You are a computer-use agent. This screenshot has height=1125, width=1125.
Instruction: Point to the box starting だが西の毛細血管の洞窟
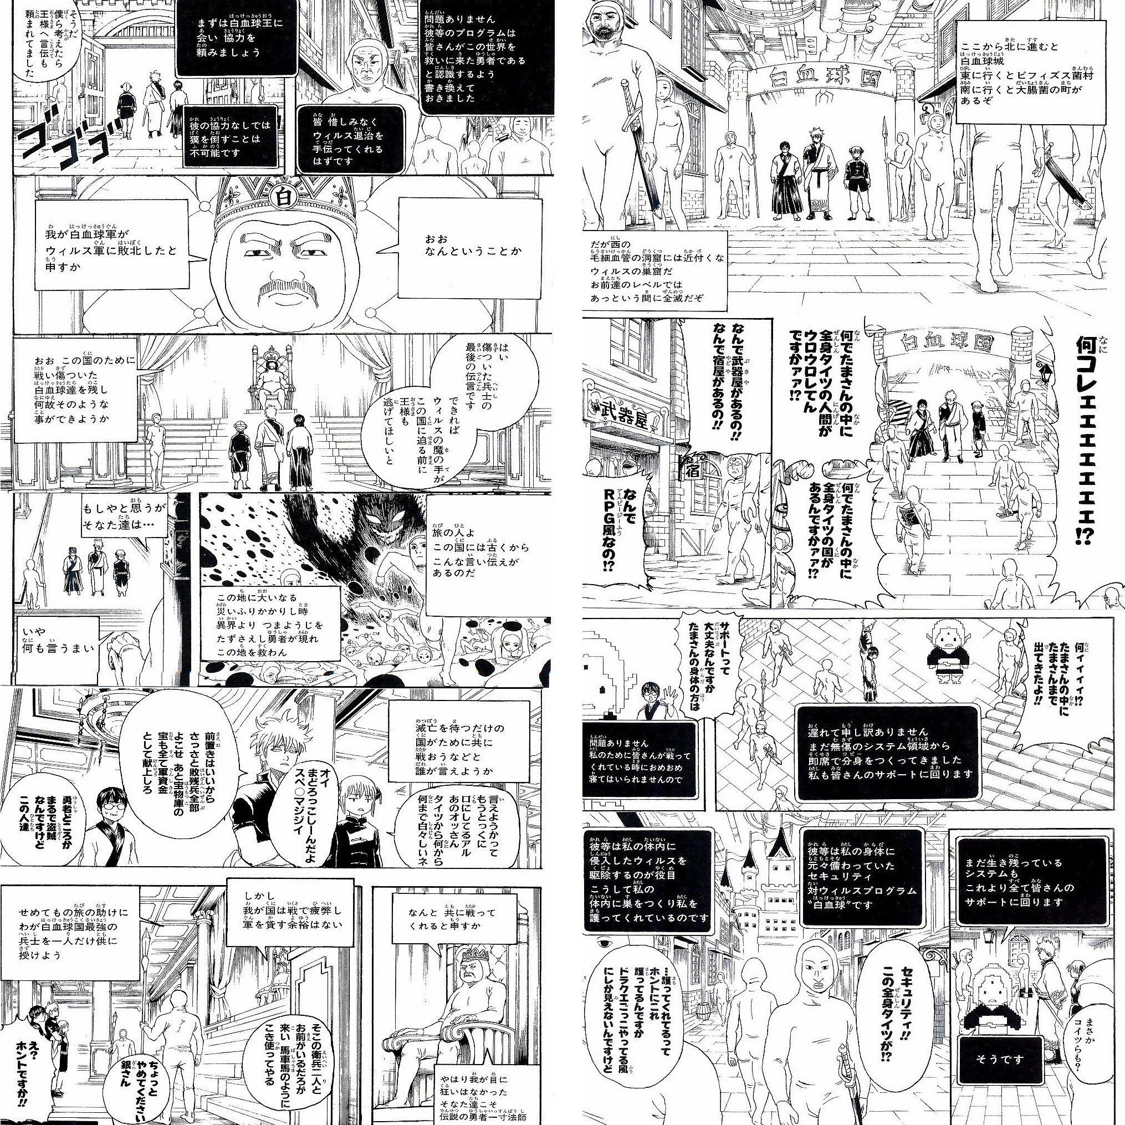point(656,272)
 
